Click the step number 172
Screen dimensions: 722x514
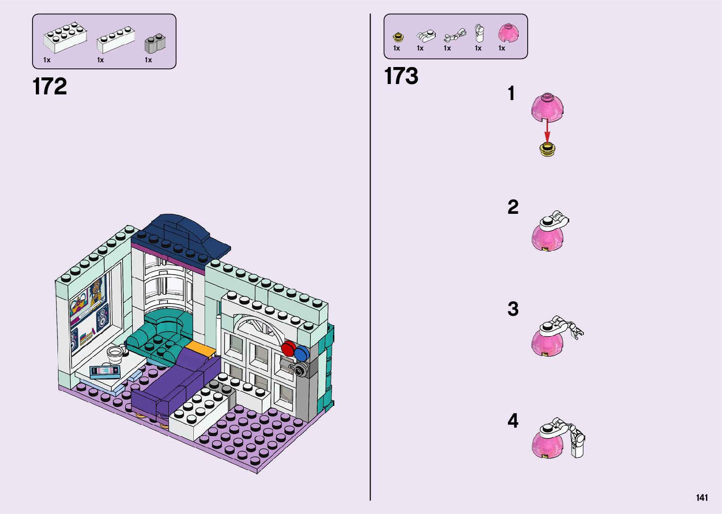[x=50, y=87]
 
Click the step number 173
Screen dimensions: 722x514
[x=401, y=76]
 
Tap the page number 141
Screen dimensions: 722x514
[x=702, y=497]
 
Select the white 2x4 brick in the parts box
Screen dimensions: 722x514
[x=65, y=38]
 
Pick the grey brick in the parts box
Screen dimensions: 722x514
[x=155, y=43]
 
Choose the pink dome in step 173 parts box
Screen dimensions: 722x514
[x=508, y=33]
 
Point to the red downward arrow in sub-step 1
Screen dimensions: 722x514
[x=547, y=129]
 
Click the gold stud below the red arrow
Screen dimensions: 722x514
[x=547, y=150]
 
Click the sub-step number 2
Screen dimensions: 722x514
[x=513, y=207]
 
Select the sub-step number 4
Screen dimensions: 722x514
[x=513, y=421]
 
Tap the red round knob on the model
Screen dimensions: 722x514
[x=288, y=349]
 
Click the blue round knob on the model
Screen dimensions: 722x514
[x=300, y=354]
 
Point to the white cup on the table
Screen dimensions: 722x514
[x=115, y=352]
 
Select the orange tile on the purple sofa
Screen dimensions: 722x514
[x=200, y=349]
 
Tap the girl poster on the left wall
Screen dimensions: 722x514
[x=96, y=291]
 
